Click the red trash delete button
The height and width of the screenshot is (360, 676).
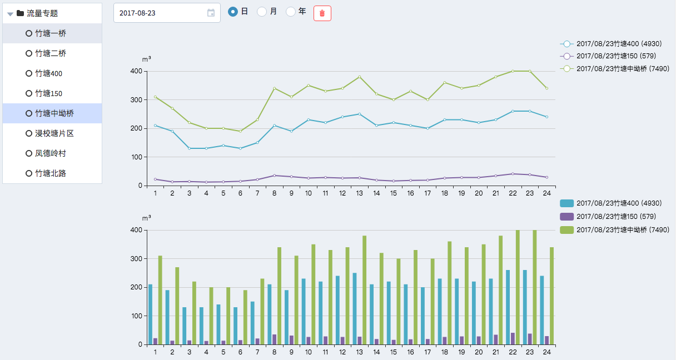(x=322, y=13)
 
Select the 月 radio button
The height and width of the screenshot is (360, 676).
(x=262, y=12)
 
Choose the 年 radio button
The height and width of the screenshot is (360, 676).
(x=291, y=12)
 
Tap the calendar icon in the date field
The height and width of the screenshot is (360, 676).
(x=211, y=13)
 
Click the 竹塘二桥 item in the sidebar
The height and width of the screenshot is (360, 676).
(x=51, y=53)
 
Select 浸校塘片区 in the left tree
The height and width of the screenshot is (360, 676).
(x=54, y=133)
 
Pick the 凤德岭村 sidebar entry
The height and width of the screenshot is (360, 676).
(x=51, y=153)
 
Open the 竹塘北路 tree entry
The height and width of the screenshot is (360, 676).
(x=51, y=173)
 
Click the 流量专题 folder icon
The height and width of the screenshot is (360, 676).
(x=20, y=13)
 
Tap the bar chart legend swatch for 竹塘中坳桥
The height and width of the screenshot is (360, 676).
(x=566, y=229)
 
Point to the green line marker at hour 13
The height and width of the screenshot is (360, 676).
(x=360, y=77)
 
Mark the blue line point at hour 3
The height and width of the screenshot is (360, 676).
(x=189, y=148)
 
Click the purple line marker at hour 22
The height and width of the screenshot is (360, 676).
(x=513, y=174)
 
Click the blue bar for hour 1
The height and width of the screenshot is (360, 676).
(x=150, y=314)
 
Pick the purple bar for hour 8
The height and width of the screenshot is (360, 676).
(x=275, y=339)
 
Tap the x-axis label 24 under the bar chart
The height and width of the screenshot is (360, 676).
(x=547, y=353)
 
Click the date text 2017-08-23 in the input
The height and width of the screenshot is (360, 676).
(x=137, y=13)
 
